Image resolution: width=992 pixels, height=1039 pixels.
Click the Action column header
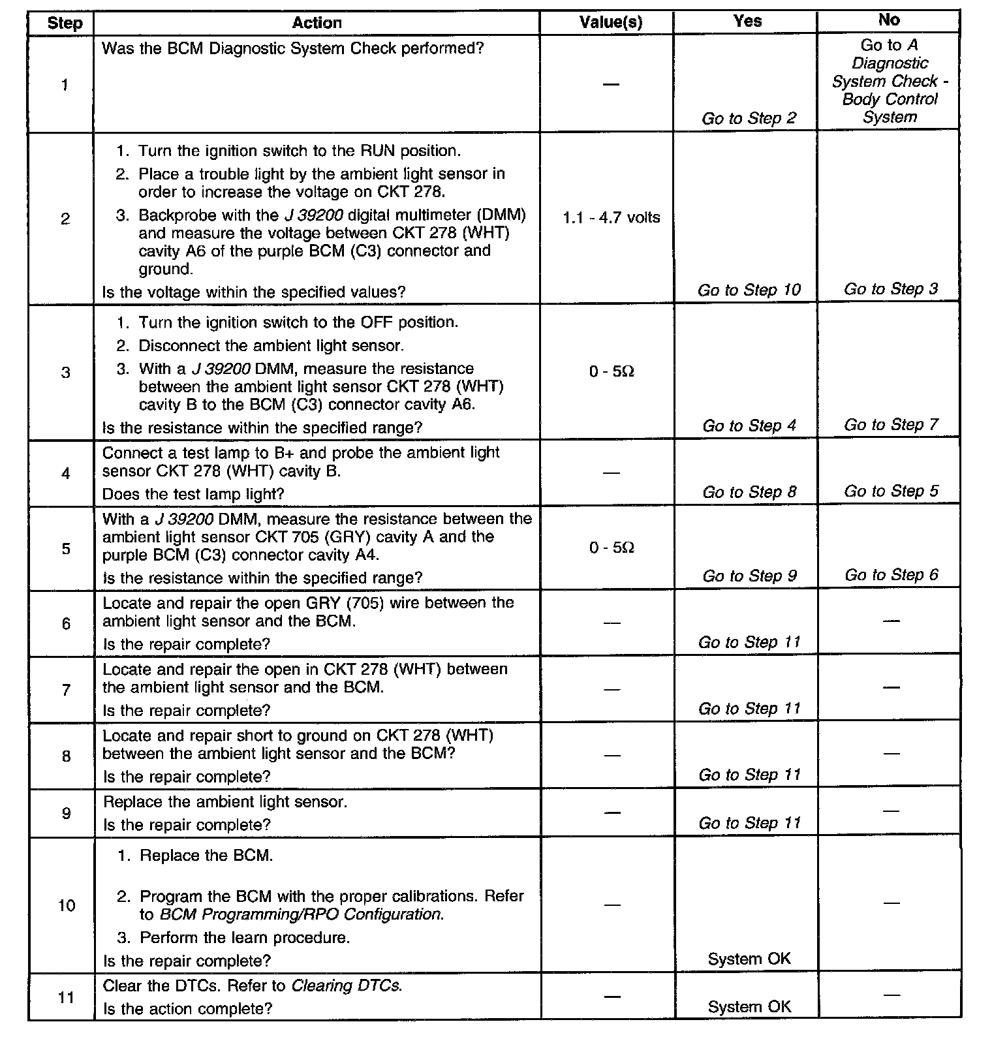[x=317, y=23]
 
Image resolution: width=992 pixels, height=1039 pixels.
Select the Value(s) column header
[x=611, y=23]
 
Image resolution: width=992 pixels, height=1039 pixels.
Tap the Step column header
[x=65, y=24]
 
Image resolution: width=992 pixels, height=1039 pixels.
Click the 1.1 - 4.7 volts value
[x=611, y=217]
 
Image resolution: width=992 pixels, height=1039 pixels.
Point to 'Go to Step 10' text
[x=749, y=290]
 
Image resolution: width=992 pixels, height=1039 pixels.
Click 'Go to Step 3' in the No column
[x=890, y=289]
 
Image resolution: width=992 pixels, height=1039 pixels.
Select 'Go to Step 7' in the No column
[x=890, y=425]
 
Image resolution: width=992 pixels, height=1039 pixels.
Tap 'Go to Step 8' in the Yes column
[x=749, y=492]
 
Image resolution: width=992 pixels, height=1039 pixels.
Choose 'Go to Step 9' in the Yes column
[x=749, y=576]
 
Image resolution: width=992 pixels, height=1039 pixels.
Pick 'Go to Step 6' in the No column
[x=891, y=575]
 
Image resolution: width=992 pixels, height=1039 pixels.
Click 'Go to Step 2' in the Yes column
[x=749, y=118]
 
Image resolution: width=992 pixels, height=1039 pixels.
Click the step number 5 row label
[x=66, y=548]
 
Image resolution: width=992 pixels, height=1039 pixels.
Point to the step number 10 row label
[x=67, y=905]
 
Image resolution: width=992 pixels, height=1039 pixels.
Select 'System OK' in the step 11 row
[x=749, y=1007]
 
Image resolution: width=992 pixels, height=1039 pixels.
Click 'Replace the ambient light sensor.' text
[x=225, y=801]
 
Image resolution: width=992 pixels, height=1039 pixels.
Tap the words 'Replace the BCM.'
[x=206, y=855]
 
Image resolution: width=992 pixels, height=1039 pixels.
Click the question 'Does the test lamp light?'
[x=193, y=494]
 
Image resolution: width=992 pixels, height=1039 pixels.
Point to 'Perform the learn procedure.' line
[x=245, y=938]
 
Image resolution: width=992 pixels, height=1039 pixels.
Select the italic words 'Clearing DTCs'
[x=345, y=985]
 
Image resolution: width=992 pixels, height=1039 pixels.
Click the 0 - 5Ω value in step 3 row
[x=611, y=371]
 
